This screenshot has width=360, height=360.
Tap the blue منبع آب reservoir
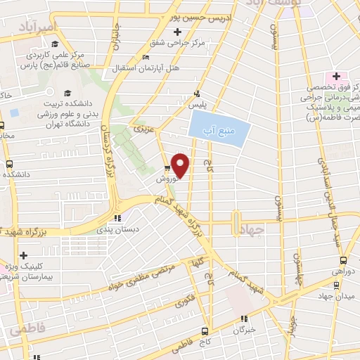pyautogui.click(x=220, y=129)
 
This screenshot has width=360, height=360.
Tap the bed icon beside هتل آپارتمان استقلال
pyautogui.click(x=146, y=58)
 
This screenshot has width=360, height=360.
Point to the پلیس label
pyautogui.click(x=200, y=103)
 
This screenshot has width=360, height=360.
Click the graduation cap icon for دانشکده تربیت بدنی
pyautogui.click(x=67, y=92)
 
